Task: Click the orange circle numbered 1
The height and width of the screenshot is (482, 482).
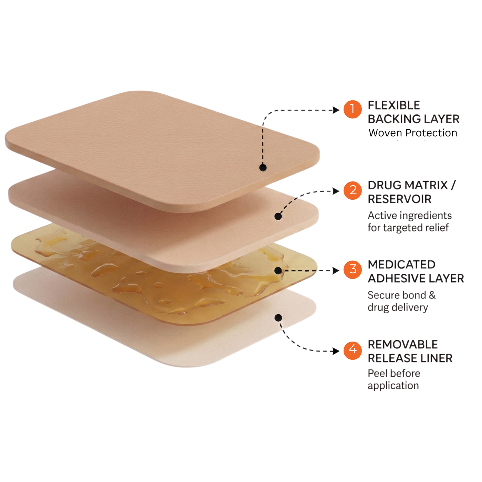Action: coord(353,109)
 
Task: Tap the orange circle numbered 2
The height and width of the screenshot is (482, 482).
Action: coord(353,190)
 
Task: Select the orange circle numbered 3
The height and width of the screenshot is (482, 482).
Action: coord(353,269)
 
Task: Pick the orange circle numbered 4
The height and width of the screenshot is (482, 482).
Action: coord(353,350)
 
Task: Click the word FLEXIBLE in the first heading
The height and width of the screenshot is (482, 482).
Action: coord(394,105)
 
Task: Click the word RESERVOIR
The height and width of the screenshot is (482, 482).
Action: coord(399,199)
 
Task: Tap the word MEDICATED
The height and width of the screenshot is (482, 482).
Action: coord(401,264)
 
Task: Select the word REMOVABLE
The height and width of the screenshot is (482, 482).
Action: coord(403,344)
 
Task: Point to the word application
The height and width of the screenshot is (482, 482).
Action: coord(393,386)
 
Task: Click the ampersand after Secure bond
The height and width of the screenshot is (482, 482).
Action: coord(432,295)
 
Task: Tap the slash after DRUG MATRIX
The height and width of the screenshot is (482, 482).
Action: coord(453,185)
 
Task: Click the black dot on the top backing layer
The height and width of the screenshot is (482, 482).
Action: coord(263,167)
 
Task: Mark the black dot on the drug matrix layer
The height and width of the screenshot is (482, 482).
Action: coord(278,216)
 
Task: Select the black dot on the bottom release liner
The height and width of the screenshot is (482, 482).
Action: coord(278,318)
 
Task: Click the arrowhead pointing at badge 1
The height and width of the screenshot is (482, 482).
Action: coord(336,110)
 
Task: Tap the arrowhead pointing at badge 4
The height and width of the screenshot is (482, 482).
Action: coord(336,351)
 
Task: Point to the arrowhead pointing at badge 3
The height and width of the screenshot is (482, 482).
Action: coord(336,270)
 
